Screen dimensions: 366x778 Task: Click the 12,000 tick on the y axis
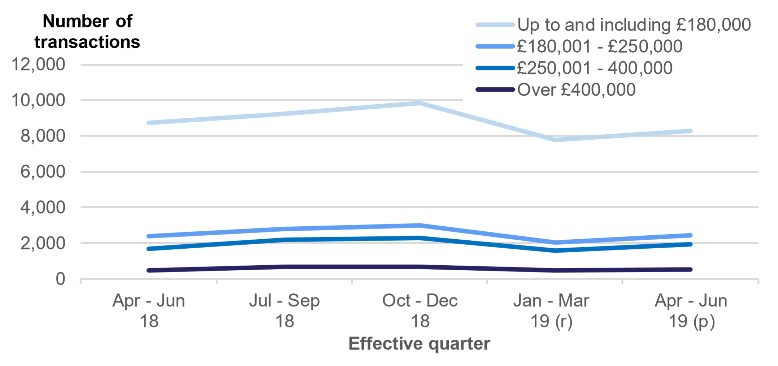(x=38, y=65)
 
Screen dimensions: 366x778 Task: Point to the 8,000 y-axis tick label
(x=43, y=136)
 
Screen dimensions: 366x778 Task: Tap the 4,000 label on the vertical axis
(x=43, y=208)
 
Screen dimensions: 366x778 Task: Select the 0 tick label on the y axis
(x=60, y=279)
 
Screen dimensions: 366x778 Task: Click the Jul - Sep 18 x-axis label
(x=284, y=310)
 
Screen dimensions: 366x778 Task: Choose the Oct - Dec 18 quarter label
(x=420, y=310)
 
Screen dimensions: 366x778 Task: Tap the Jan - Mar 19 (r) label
(x=551, y=310)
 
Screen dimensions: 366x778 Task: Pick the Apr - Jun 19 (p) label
(x=691, y=310)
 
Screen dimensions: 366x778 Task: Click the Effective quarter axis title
(x=419, y=343)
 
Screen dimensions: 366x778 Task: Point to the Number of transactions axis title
(x=87, y=32)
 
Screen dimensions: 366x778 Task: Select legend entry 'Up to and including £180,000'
(x=634, y=25)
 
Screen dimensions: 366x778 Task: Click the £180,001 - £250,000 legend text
(x=600, y=47)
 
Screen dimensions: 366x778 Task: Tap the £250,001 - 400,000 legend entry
(x=595, y=68)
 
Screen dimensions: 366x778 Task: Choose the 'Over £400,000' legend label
(x=576, y=90)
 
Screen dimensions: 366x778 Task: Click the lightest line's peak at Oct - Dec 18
(x=420, y=103)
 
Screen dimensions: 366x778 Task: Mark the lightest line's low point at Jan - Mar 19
(x=555, y=140)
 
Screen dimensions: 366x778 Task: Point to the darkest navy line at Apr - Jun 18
(x=149, y=270)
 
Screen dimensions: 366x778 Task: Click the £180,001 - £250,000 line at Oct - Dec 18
(x=420, y=226)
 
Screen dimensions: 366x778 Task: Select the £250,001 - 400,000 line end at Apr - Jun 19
(x=690, y=244)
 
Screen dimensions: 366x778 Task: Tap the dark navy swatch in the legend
(x=495, y=90)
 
